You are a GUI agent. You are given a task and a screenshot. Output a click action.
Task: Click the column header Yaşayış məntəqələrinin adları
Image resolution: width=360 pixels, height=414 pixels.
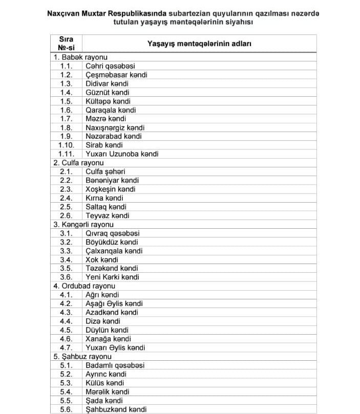199,44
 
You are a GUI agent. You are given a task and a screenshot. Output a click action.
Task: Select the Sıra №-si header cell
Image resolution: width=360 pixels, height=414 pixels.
66,43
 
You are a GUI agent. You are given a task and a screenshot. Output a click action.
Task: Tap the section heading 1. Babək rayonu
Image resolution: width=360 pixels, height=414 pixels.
80,57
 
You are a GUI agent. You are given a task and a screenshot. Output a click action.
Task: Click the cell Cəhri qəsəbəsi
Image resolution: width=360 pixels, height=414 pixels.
110,66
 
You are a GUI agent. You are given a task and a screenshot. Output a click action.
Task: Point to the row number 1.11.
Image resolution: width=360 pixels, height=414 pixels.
67,154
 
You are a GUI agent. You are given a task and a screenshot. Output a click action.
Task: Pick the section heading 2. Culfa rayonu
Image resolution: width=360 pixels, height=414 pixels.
78,163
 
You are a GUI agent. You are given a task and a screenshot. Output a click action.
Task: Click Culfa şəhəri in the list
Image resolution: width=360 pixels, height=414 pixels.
105,171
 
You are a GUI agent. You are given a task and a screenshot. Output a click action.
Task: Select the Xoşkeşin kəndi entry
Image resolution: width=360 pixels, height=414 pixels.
111,189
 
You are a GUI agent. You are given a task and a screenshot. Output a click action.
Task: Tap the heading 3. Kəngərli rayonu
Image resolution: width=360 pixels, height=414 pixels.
83,224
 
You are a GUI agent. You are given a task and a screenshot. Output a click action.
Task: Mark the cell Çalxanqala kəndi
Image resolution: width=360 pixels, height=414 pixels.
114,251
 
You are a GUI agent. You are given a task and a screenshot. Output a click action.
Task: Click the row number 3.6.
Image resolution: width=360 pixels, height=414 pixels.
66,277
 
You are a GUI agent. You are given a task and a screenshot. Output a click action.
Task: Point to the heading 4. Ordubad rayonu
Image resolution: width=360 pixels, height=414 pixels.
84,286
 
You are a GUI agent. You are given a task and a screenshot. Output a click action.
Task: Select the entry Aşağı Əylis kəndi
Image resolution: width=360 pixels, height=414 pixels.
114,303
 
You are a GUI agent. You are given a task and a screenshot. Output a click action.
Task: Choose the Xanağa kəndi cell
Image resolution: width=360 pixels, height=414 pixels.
108,339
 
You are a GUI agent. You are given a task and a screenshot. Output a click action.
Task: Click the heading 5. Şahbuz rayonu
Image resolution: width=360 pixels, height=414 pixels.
82,356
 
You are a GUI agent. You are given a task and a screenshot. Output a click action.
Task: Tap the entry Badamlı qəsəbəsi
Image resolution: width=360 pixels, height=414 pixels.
115,365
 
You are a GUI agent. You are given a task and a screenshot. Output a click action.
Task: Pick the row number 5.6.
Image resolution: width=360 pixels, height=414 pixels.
66,409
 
